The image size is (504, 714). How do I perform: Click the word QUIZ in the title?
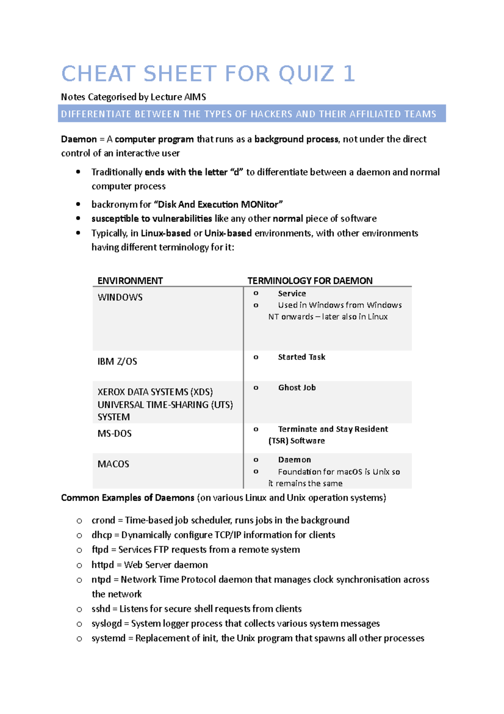pos(306,74)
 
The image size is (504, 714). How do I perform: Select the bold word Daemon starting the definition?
pos(79,139)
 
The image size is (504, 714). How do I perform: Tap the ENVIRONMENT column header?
pos(130,280)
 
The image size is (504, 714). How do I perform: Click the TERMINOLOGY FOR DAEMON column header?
pos(310,280)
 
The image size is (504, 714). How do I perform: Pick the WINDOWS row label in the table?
pos(120,297)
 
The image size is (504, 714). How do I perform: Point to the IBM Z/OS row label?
pos(117,362)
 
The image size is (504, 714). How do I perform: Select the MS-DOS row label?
pos(115,434)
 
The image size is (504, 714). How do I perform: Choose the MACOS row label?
pos(113,464)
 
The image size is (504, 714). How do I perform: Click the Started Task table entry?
pos(302,357)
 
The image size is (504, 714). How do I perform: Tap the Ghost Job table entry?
pos(297,388)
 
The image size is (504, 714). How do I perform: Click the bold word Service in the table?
pos(292,294)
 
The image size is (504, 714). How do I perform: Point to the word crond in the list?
pos(103,521)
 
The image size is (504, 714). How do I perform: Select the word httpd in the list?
pos(103,565)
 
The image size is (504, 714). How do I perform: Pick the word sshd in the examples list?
pos(101,609)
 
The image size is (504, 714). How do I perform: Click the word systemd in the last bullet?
pos(109,638)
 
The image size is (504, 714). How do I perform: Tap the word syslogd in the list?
pos(107,624)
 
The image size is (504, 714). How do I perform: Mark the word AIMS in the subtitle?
pos(195,97)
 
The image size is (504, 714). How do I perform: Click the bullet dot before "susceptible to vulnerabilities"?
pos(78,219)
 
